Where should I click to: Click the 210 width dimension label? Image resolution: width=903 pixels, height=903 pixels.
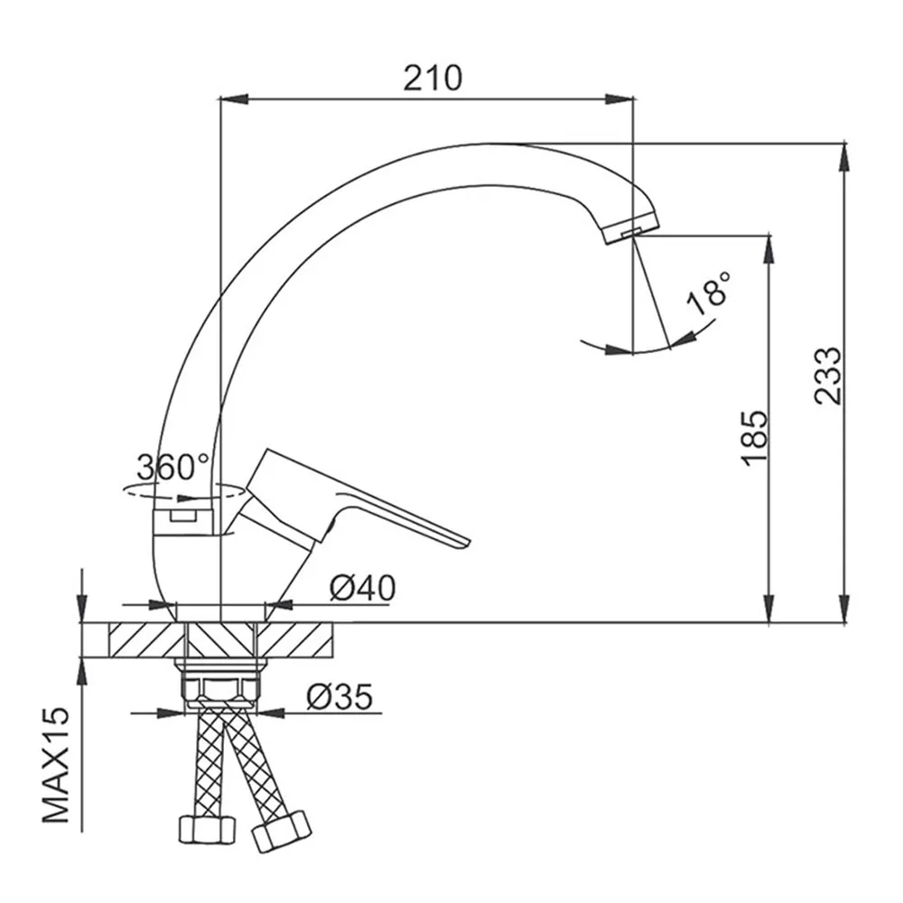(432, 79)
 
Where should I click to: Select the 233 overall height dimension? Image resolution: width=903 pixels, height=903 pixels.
(827, 376)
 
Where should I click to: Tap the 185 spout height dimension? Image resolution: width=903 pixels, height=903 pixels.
(754, 438)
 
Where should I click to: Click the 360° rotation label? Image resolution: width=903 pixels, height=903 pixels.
(173, 467)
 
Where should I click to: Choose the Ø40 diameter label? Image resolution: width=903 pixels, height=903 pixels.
(362, 589)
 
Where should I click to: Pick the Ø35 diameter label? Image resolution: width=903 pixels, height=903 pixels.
(340, 696)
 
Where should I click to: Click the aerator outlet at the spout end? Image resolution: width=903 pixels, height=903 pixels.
(632, 231)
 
